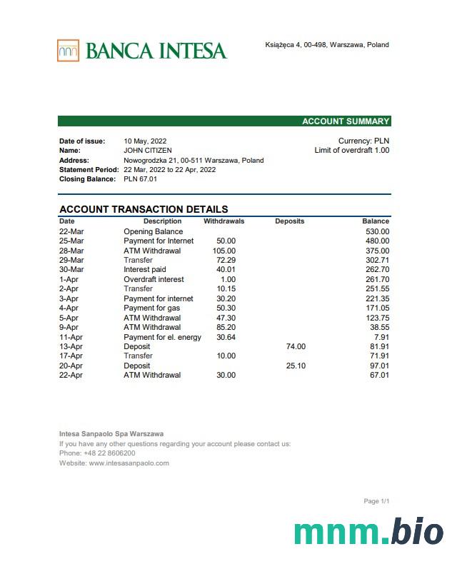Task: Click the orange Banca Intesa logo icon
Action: coord(69,51)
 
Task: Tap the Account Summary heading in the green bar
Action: coord(346,121)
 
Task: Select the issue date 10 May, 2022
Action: coord(145,141)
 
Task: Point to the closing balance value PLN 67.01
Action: coord(141,179)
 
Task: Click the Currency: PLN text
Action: coord(363,141)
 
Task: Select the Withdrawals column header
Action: coord(224,221)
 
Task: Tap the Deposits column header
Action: coord(289,221)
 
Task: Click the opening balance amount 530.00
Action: coord(377,231)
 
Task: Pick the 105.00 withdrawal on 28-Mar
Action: coord(224,251)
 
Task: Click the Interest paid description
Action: coord(145,270)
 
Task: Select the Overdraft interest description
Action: coord(154,279)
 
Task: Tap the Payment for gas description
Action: coord(152,308)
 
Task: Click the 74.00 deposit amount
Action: coord(296,346)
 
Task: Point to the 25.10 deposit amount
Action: coord(296,366)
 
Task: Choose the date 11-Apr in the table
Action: coord(71,337)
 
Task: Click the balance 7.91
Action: coord(381,337)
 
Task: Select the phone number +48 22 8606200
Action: coord(109,453)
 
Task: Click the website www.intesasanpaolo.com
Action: coord(129,463)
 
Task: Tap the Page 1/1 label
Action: coord(376,501)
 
